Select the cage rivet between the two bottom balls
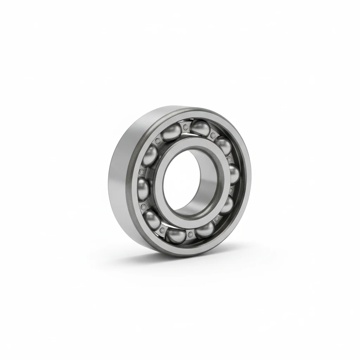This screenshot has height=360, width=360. pos(190,234)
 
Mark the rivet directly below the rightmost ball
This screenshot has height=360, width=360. pos(230,190)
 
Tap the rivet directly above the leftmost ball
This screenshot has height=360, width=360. pos(142,172)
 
